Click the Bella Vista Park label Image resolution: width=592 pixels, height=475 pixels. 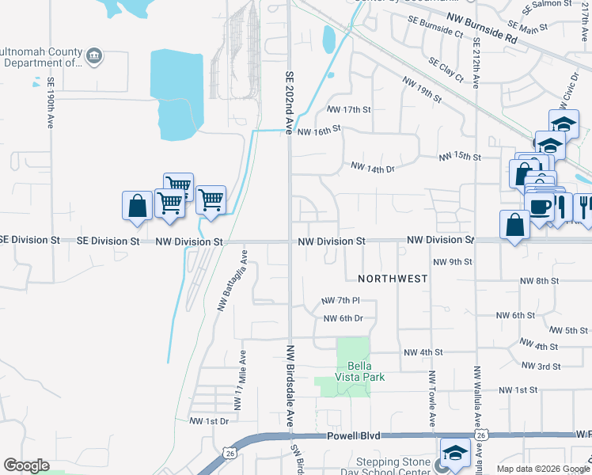point(365,371)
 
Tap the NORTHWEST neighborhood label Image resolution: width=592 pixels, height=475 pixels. point(392,279)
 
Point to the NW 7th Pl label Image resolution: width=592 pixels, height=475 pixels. point(340,301)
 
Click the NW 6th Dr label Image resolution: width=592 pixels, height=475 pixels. point(343,318)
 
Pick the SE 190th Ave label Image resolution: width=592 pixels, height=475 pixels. point(50,103)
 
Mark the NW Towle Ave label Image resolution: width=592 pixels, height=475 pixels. point(432,396)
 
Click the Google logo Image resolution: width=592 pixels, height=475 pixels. point(26,465)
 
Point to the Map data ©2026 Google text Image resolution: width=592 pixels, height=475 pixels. point(543,469)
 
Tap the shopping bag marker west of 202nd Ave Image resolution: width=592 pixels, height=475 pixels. point(137,206)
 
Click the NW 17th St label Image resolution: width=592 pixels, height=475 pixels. point(348,109)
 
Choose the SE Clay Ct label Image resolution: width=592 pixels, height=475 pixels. point(446,70)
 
